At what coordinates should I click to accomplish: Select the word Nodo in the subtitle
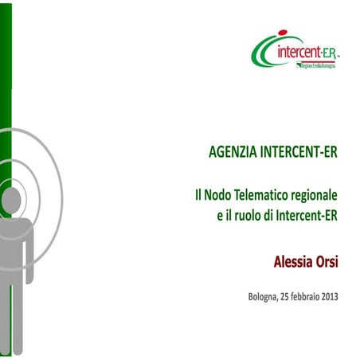(222, 195)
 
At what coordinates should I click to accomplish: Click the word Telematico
(264, 195)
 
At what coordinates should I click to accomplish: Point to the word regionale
(315, 195)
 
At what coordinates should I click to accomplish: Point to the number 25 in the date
(289, 297)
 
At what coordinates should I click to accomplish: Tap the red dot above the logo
(282, 33)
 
